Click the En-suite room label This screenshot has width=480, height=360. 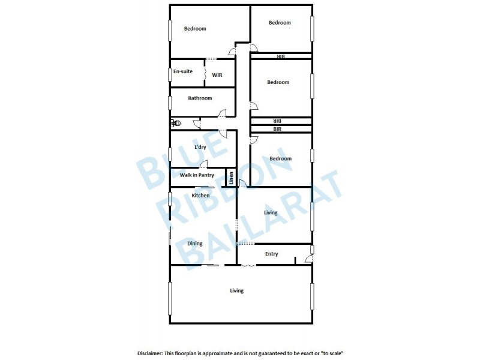coord(182,71)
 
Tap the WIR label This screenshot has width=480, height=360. coord(217,75)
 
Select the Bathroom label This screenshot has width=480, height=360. coord(200,98)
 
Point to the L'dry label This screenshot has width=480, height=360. coord(201,147)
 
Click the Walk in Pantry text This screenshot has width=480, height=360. coord(197,175)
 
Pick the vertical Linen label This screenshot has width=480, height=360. coord(230,178)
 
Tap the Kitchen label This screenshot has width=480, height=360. coord(200,196)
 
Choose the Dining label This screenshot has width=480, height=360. coord(194,244)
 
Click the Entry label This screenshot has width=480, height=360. coord(271,254)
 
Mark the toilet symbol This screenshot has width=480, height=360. coord(175,123)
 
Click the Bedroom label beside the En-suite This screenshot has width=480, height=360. coord(195,29)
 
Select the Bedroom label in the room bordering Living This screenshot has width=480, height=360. coord(280,158)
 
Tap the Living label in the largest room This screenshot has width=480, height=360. coord(237,291)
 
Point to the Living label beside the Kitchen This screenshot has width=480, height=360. coord(271,212)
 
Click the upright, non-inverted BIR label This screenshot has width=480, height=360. coord(278,129)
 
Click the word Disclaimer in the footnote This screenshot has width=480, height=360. coord(154,353)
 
